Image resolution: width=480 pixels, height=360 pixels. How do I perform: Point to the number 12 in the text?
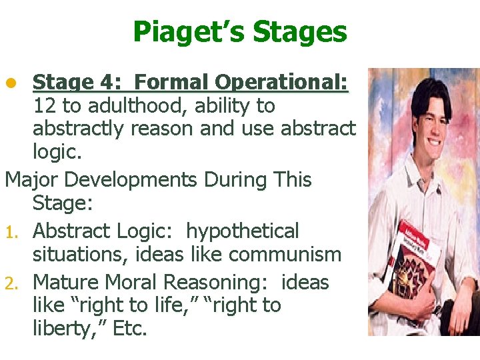tap(44, 106)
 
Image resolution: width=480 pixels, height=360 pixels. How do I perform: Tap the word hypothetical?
tap(243, 231)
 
